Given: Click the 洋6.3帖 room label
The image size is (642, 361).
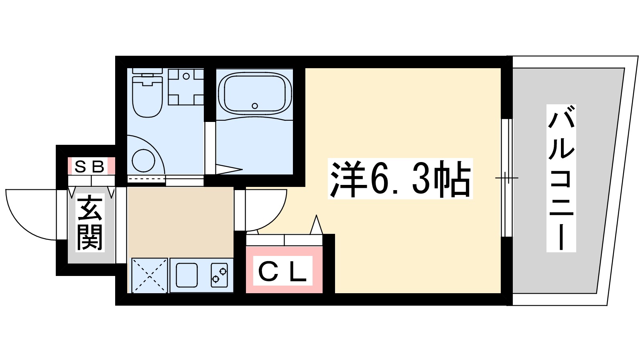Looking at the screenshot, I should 400,179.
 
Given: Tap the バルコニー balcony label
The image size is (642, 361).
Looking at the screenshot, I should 561,178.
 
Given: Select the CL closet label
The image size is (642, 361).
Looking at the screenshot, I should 283,272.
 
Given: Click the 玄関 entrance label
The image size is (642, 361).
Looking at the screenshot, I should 90,223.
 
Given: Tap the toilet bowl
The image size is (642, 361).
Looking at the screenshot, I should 147,98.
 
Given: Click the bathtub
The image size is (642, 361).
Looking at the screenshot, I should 254,93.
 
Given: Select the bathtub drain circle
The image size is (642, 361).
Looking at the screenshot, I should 255,106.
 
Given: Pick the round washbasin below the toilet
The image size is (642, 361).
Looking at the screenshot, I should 143,160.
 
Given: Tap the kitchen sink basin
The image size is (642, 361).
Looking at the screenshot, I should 187,275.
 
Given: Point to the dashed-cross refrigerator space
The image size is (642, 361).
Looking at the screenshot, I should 149,275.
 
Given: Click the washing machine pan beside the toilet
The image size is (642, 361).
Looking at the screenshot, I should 185,87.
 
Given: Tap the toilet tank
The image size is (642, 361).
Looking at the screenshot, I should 147,71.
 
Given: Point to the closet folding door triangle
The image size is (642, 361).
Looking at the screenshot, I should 317,226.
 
